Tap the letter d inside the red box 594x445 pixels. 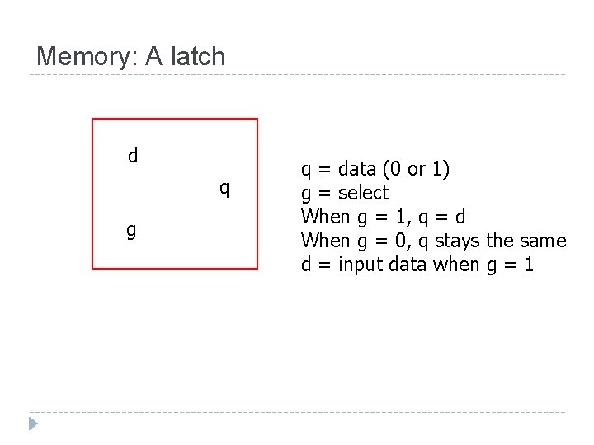(x=133, y=155)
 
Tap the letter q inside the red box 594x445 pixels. (x=224, y=189)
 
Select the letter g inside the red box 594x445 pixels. (x=131, y=230)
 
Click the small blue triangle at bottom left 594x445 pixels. (x=33, y=424)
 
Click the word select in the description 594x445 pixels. (x=363, y=193)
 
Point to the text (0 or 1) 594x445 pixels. (x=416, y=169)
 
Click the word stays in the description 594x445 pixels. (x=456, y=241)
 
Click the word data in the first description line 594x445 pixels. (x=356, y=169)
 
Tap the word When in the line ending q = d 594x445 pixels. (x=325, y=217)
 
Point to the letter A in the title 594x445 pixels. (x=154, y=57)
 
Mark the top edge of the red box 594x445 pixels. (x=174, y=119)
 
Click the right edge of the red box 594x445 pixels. (x=257, y=194)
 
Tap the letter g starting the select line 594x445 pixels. (x=306, y=194)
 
